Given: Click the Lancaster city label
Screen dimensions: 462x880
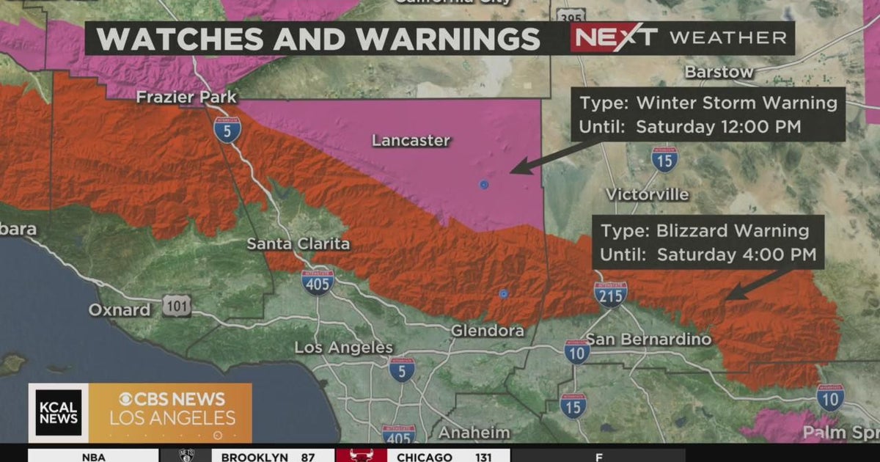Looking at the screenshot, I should [411, 140].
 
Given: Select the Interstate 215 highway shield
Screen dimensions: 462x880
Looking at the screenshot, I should [610, 293].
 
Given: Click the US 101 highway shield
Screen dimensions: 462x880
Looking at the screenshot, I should [177, 307].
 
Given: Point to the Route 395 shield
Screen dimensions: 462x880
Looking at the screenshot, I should [570, 15].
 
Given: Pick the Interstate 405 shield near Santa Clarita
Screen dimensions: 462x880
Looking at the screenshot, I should [318, 282].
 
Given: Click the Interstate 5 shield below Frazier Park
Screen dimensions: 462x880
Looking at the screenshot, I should [227, 130].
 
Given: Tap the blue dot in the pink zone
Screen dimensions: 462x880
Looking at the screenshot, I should [484, 184].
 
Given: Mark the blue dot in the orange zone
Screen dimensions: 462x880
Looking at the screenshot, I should [503, 293].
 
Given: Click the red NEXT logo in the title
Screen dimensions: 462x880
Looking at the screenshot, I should [615, 37].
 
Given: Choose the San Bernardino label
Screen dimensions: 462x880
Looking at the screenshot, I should [649, 339].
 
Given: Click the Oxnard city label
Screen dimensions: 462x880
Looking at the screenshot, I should [119, 309].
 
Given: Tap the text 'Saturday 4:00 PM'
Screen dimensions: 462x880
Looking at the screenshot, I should [736, 255].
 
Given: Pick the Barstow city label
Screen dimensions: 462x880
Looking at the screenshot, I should [719, 72].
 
